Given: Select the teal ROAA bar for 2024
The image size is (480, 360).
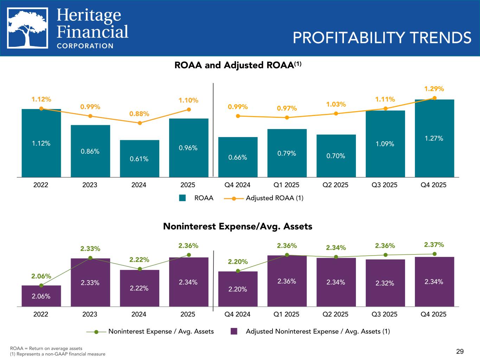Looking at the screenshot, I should (140, 158).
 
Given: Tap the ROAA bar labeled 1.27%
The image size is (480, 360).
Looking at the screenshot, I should (434, 138).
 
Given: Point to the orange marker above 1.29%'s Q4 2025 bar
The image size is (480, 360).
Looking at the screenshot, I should (435, 98).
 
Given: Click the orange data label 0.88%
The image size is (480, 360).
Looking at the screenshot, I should (140, 114).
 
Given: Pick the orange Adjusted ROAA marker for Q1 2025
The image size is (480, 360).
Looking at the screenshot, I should (287, 117).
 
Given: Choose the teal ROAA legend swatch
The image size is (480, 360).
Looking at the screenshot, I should (182, 198).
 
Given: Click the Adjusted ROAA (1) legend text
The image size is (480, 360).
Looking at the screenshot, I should (274, 198).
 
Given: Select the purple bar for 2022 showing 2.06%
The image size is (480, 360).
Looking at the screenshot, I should (41, 296).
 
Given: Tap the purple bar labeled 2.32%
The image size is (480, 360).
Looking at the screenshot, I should (385, 283).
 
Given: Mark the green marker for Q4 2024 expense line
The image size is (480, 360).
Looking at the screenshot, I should (238, 271).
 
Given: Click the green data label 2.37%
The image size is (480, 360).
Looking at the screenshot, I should (434, 244).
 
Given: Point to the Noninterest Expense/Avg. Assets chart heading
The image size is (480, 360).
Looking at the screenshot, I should (238, 226).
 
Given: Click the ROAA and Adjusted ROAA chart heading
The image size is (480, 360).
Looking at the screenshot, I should (238, 65).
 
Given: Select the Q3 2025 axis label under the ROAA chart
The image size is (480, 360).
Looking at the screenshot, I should (384, 185).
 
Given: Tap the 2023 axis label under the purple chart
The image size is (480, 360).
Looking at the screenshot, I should (90, 314).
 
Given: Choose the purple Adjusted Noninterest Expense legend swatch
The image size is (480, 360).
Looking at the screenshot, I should (234, 331).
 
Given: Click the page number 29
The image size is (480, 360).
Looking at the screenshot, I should (460, 351).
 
